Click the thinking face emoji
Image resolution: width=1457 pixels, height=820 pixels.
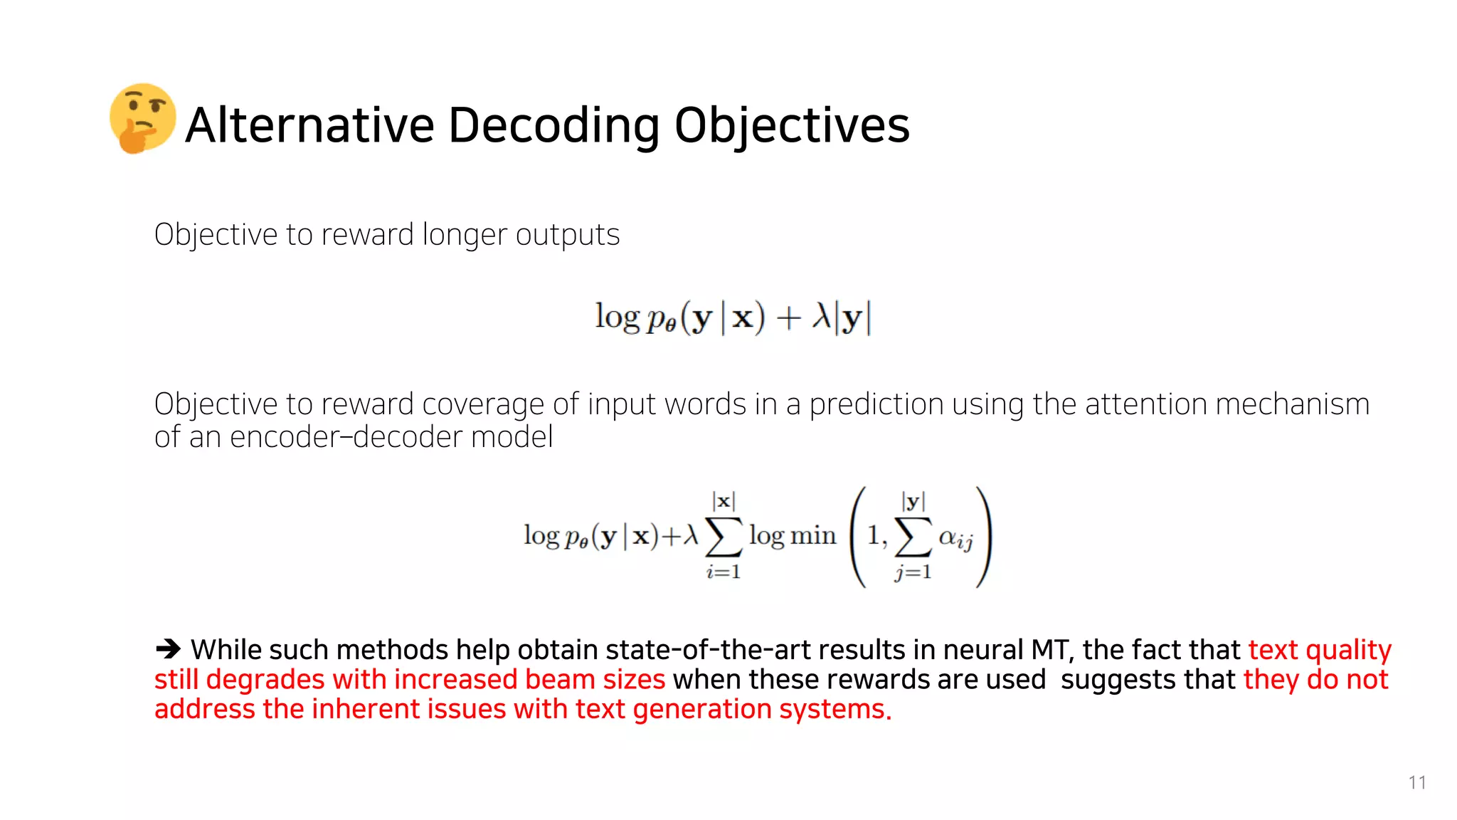(142, 118)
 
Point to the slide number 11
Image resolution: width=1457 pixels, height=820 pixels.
(1416, 782)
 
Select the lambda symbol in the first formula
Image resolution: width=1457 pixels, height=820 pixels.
(821, 316)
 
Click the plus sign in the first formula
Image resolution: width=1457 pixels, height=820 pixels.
(788, 317)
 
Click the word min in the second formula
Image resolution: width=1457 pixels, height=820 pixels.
(812, 535)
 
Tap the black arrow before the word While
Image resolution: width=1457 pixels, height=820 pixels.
(169, 649)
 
